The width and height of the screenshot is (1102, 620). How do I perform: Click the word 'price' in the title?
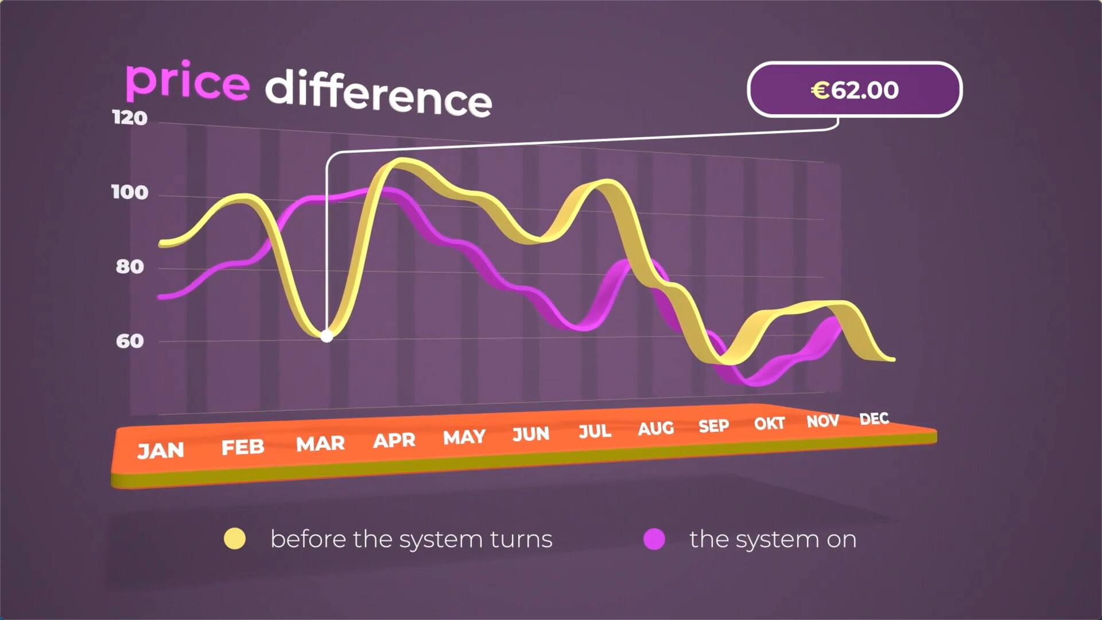(x=187, y=81)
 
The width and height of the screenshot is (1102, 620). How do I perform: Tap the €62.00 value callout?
(x=855, y=90)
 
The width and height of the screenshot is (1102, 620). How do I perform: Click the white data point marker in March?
(x=327, y=336)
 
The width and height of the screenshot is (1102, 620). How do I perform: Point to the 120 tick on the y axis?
(x=130, y=118)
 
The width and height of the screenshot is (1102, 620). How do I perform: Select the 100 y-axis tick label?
(x=130, y=192)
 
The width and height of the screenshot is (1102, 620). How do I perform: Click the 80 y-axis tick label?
(x=130, y=266)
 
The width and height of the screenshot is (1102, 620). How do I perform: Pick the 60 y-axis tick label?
(x=130, y=341)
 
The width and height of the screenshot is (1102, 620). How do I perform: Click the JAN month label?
(x=161, y=451)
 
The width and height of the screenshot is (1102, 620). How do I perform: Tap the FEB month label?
(x=243, y=447)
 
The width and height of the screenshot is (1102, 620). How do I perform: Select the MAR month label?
(x=320, y=443)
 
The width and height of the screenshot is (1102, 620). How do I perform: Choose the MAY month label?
(x=464, y=437)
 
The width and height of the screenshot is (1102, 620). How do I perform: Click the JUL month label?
(x=595, y=431)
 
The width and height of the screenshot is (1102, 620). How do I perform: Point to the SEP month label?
(x=713, y=426)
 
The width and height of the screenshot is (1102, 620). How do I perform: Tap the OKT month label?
(x=769, y=424)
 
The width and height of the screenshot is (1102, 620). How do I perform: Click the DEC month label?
(x=874, y=419)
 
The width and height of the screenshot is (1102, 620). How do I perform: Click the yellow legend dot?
(x=235, y=538)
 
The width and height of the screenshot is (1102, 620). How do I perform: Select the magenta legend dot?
(x=654, y=538)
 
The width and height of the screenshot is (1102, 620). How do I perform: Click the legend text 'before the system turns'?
(x=412, y=539)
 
